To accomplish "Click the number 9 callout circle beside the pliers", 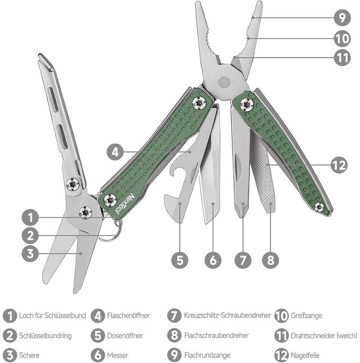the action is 342,18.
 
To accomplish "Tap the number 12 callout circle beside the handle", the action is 339,165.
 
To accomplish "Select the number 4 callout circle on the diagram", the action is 115,152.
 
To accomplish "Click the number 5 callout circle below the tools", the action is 180,260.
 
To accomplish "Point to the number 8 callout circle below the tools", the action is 270,260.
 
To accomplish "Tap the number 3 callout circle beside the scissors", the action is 30,253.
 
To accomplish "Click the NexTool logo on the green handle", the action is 125,204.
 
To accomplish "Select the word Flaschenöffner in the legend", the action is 129,315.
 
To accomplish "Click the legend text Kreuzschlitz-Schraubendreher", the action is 227,315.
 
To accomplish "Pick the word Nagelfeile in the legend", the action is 305,355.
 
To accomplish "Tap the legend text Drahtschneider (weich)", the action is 324,335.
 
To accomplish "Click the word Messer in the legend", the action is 118,355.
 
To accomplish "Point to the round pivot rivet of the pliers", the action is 225,82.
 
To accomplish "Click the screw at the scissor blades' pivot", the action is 85,212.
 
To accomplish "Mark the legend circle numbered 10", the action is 281,315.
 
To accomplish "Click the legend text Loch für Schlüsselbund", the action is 53,315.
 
